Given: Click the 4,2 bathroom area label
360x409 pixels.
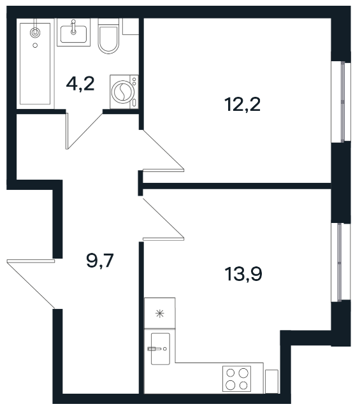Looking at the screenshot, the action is point(80,84).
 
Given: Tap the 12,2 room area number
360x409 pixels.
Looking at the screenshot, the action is point(242,104).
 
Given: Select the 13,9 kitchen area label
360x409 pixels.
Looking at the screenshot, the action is point(243,274).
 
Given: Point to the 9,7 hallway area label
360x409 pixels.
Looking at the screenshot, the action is point(100,261).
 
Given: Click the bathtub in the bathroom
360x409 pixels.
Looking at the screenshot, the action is point(35,64).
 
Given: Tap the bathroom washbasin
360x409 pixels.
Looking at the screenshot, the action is point(73,34).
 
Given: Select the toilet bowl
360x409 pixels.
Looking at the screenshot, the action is point(108,36).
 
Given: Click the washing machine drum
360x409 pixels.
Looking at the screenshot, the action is point(123,91).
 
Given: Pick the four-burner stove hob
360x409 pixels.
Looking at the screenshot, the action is point(236,378).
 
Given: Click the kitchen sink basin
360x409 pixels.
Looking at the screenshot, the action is point(161,348).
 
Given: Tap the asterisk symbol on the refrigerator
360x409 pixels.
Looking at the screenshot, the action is point(160,313).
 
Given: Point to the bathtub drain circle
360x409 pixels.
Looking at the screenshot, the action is point(35,45).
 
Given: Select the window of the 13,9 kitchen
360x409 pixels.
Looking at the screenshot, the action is point(340,262).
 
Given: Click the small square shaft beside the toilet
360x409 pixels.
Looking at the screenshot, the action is point(131,26).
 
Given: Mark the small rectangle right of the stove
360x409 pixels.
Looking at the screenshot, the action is point(271,381).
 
